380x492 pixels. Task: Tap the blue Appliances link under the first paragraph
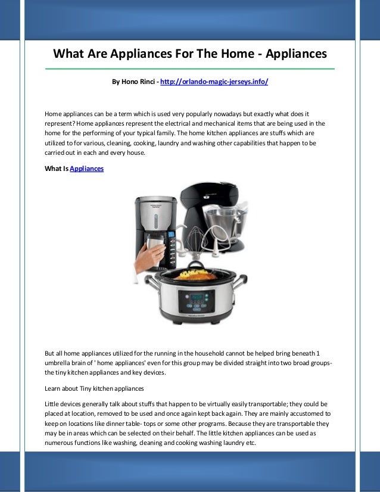point(87,169)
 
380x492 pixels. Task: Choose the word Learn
point(54,388)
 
